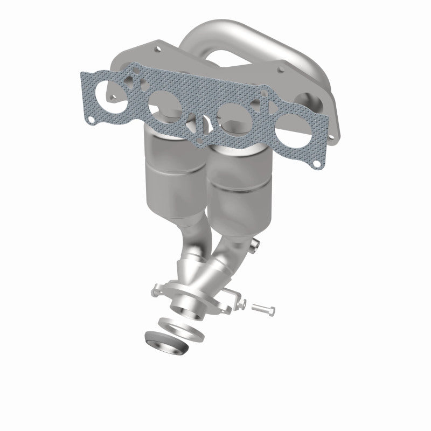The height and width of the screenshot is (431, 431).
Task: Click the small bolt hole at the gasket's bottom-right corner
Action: [317, 161]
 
